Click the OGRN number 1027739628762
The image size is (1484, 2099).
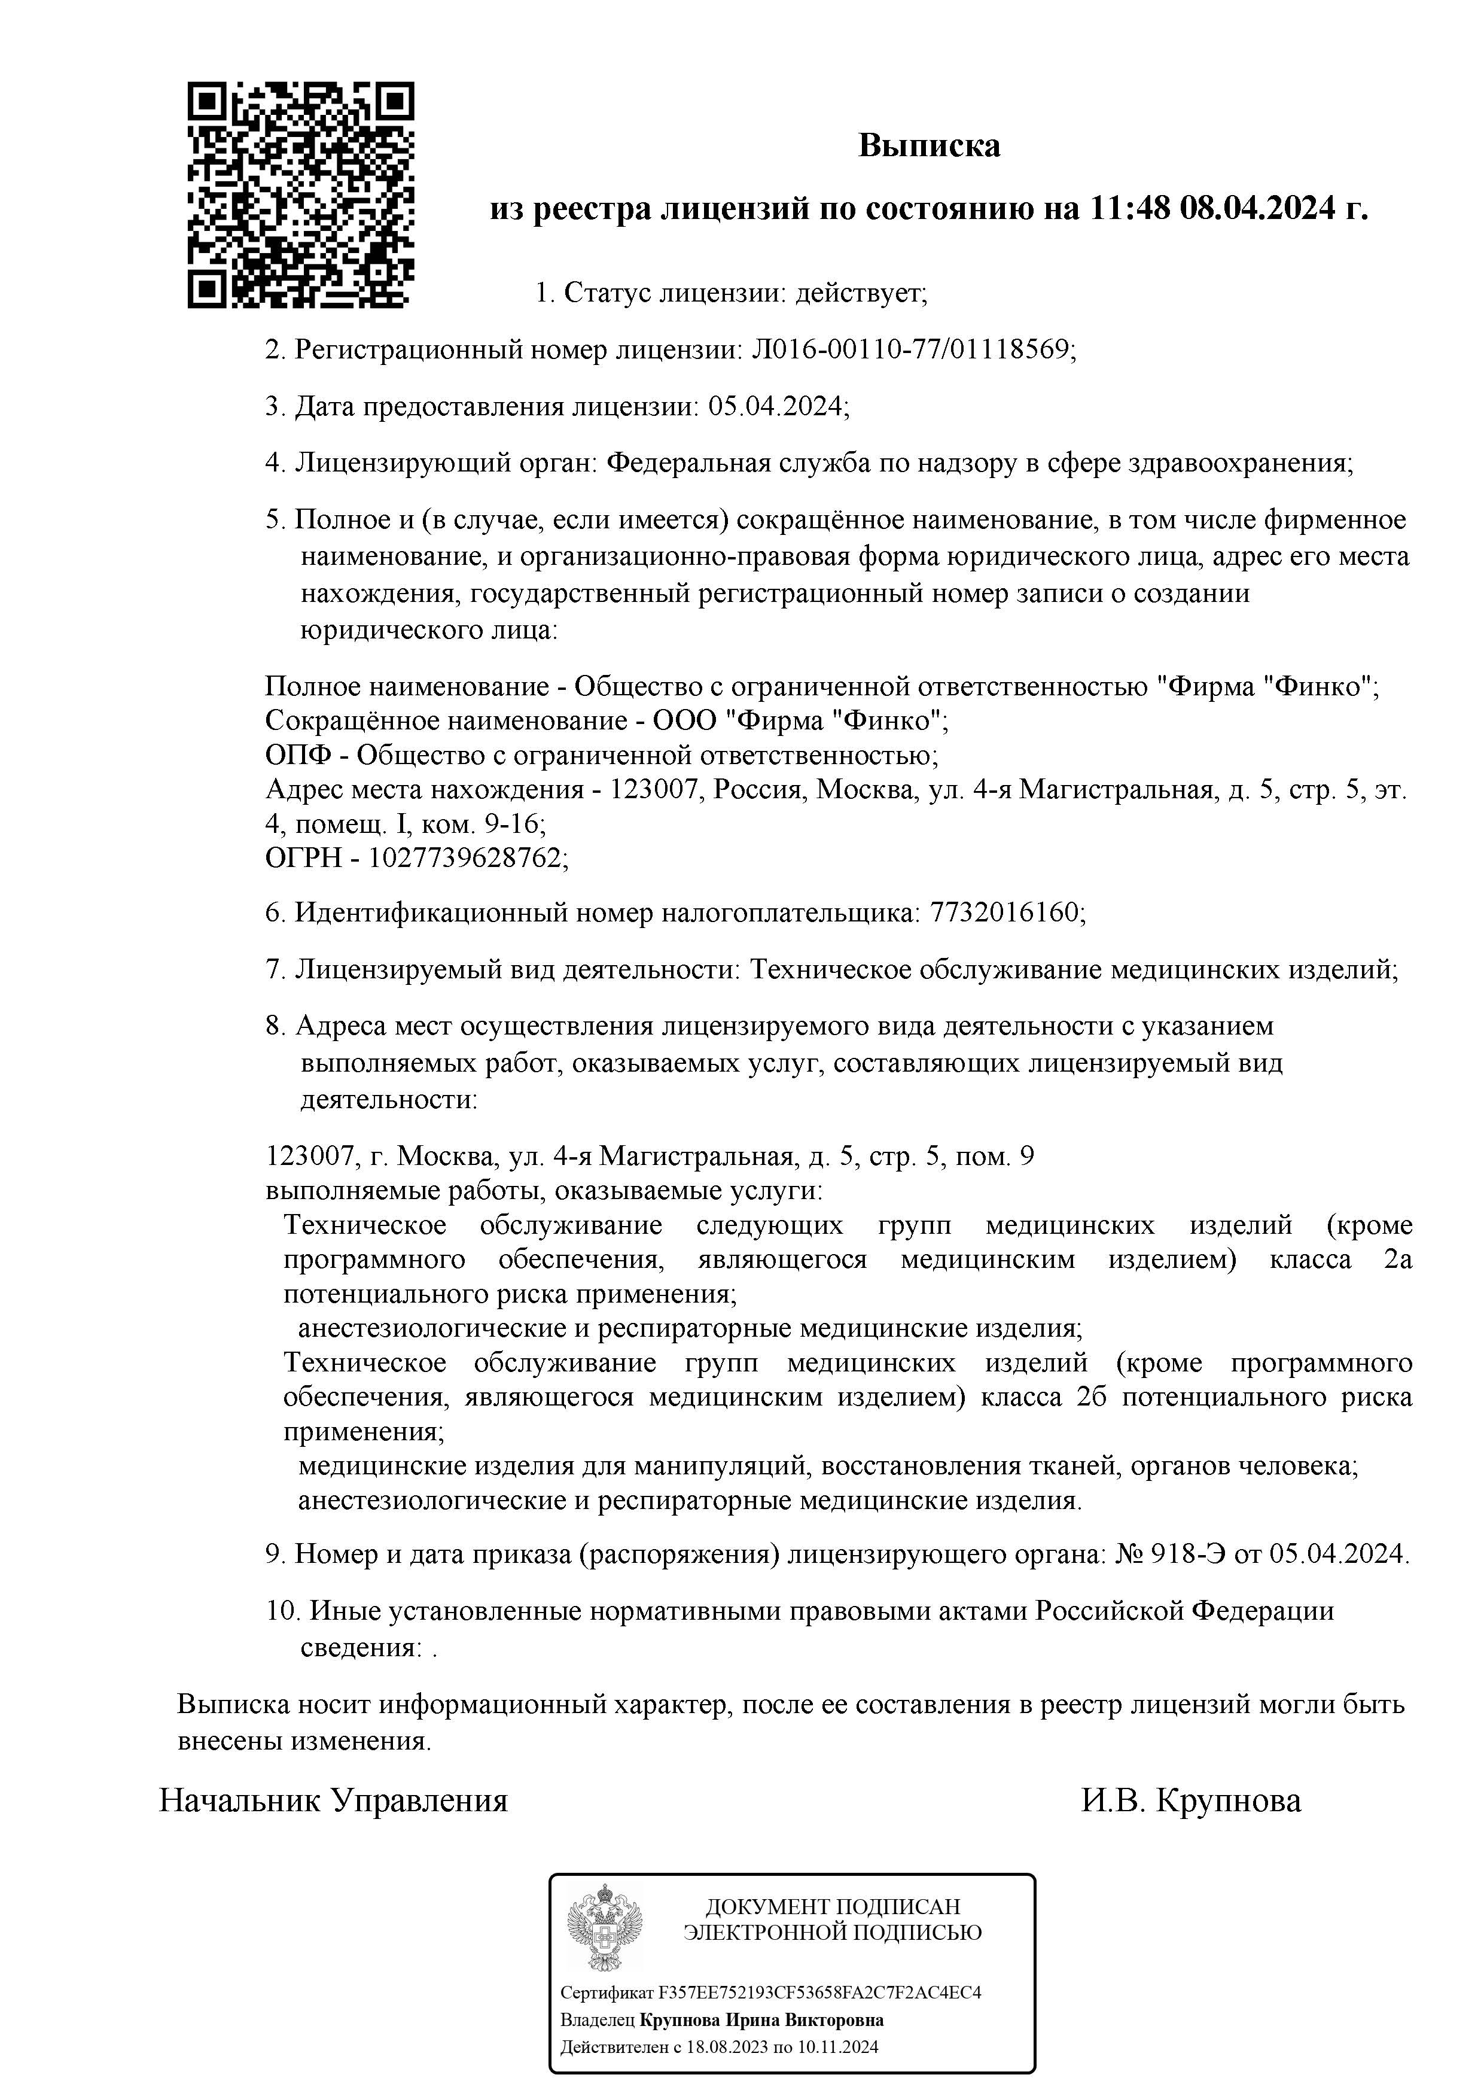click(x=467, y=857)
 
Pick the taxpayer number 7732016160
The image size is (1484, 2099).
click(x=1005, y=912)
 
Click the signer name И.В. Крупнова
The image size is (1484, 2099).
click(x=1192, y=1801)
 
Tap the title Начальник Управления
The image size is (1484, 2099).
click(x=334, y=1801)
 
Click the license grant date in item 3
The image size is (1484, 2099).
click(x=778, y=406)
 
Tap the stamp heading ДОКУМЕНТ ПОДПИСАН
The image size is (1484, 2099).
click(x=833, y=1906)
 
